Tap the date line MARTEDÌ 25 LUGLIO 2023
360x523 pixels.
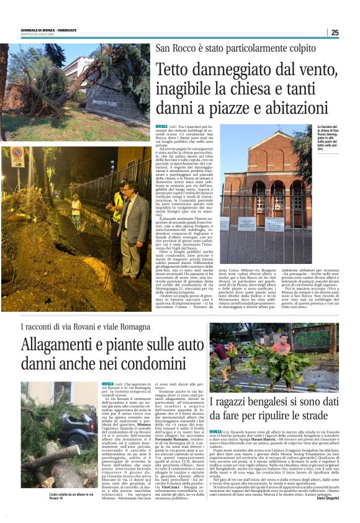pyautogui.click(x=38, y=35)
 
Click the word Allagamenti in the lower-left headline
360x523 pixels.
pyautogui.click(x=65, y=344)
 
